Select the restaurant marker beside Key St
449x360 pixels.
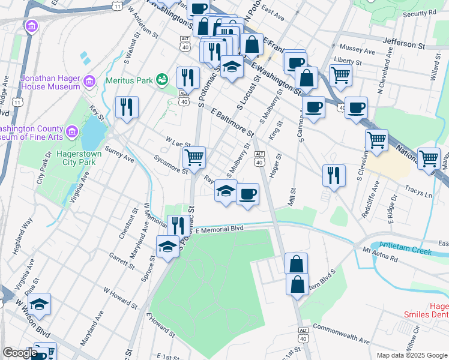coord(127,107)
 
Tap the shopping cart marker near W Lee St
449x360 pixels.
coord(194,158)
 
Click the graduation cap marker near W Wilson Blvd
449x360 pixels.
coord(40,304)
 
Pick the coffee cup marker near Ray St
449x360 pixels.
coord(247,194)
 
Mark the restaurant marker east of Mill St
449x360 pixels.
coord(334,175)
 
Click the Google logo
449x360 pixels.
coord(20,353)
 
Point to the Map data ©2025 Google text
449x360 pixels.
coord(412,355)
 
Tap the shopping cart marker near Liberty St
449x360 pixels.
coord(340,75)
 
